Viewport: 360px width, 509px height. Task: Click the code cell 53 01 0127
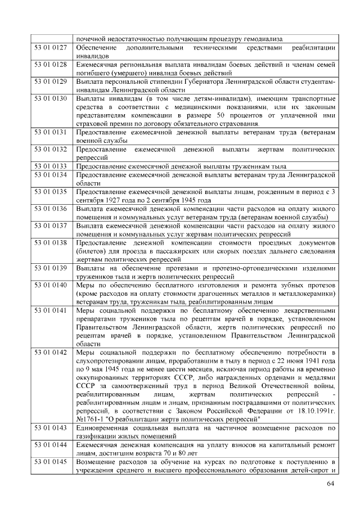click(x=51, y=48)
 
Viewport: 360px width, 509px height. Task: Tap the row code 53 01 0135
click(x=51, y=192)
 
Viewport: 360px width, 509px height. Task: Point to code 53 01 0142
click(x=51, y=353)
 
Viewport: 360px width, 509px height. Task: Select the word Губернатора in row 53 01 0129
click(x=201, y=82)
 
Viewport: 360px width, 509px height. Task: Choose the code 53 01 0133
click(x=51, y=166)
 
